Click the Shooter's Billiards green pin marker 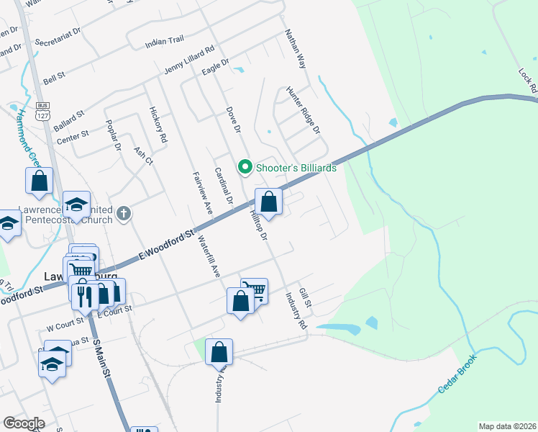click(245, 167)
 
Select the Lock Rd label click(527, 80)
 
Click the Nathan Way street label click(296, 48)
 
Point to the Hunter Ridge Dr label click(303, 109)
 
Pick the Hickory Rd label click(158, 123)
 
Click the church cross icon click(124, 212)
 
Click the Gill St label click(305, 297)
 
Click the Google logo click(24, 423)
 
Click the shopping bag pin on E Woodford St click(268, 203)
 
